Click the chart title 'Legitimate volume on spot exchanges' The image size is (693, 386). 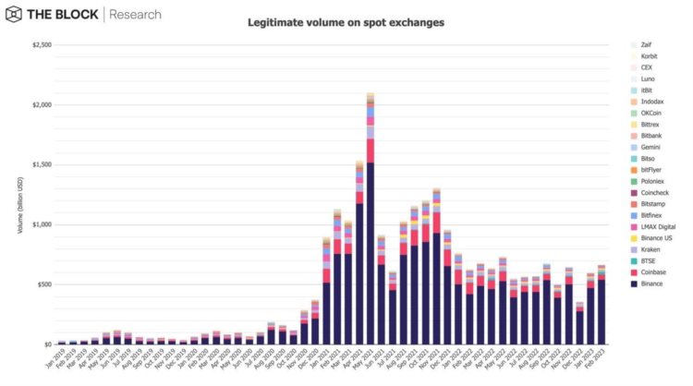tap(346, 21)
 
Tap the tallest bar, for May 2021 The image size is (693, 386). tap(370, 222)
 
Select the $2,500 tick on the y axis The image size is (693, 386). tap(41, 44)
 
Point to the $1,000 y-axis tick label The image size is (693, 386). tap(41, 224)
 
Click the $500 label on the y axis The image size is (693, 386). tap(43, 284)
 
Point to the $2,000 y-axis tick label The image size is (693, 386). tap(41, 104)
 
